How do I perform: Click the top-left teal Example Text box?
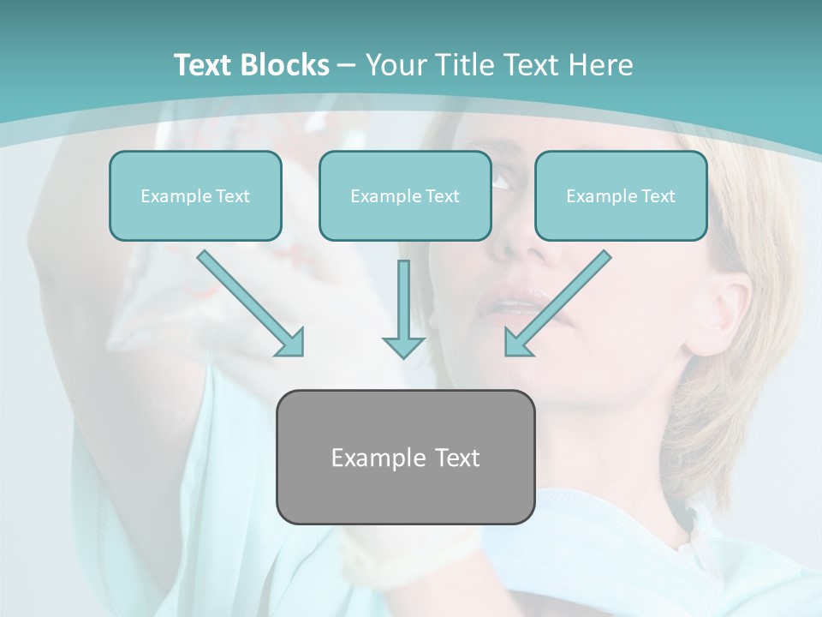[x=195, y=195]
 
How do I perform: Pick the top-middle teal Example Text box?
[x=405, y=195]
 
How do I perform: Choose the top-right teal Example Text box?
[x=621, y=195]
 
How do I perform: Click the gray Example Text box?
[x=405, y=457]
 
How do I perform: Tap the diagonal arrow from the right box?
[x=557, y=303]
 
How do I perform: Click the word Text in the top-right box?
[x=658, y=195]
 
